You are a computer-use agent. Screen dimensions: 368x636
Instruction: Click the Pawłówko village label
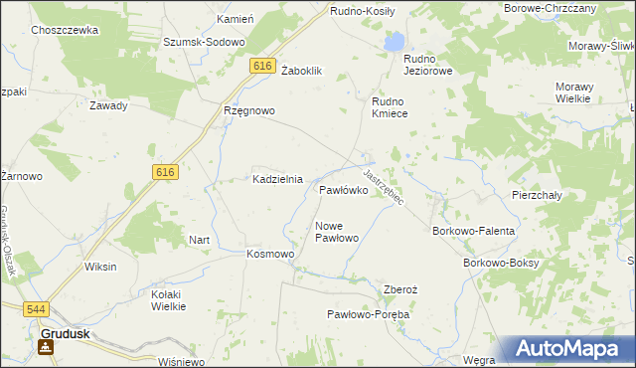tap(344, 189)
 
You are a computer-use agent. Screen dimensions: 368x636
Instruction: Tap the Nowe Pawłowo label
tap(336, 232)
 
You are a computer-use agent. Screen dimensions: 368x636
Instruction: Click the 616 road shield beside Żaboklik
tap(261, 66)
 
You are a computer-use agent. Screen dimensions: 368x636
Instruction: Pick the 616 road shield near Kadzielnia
tap(165, 172)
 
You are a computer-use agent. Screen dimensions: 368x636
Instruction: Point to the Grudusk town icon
tap(45, 347)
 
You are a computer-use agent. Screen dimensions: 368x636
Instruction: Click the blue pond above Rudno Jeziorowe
tap(395, 42)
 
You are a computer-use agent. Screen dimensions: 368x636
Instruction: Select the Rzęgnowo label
tap(248, 111)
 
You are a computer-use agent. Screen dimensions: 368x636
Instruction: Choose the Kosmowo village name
tap(270, 254)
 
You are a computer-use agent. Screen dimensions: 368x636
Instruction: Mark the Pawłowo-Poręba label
tap(369, 314)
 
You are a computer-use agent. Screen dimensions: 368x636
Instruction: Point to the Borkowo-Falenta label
tap(473, 231)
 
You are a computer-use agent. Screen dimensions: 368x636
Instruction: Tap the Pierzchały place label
tap(538, 196)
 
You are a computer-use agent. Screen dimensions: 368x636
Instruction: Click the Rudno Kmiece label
tap(397, 107)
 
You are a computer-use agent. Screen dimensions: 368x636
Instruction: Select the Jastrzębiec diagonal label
tap(383, 186)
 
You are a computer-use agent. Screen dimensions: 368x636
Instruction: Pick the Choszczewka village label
tap(65, 31)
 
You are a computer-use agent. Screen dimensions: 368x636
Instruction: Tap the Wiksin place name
tap(100, 267)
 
